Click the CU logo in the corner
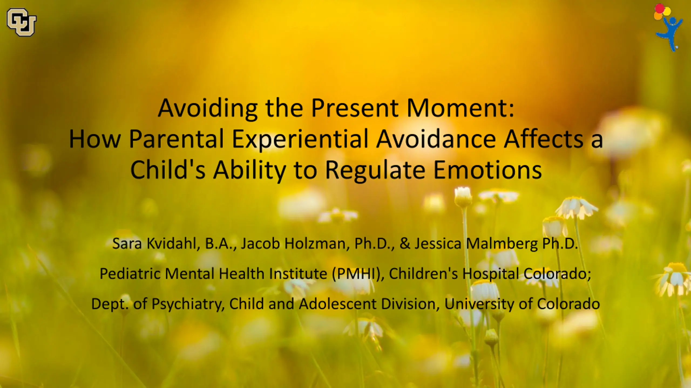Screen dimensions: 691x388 (21, 22)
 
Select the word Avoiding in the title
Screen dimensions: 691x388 (208, 108)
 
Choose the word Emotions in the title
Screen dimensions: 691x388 (487, 170)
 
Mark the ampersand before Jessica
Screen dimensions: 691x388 (405, 244)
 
